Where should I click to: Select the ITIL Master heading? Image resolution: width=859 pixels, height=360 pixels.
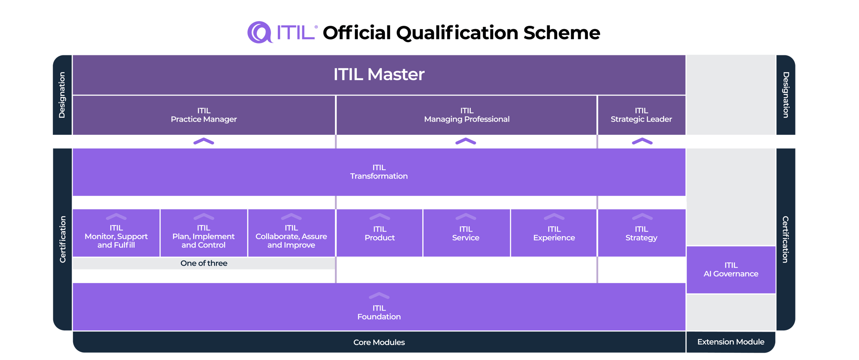pos(379,74)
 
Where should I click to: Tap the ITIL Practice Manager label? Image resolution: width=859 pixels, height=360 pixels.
pos(204,115)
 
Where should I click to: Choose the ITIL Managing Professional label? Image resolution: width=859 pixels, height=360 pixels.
pos(466,115)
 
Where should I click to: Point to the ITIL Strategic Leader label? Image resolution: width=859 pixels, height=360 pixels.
pos(641,115)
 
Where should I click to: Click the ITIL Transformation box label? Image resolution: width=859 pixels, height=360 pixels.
pos(379,172)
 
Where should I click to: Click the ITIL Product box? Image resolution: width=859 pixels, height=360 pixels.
pos(380,234)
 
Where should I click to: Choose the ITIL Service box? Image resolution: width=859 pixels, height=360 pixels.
pos(466,234)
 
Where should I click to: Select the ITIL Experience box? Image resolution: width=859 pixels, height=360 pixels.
pos(554,234)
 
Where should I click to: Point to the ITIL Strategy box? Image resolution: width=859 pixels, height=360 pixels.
pos(641,234)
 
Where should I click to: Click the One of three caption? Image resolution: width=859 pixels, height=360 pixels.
pos(204,263)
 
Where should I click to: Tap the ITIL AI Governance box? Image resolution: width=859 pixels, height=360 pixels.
pos(731,270)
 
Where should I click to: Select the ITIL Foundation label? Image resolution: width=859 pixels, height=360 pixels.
pos(379,312)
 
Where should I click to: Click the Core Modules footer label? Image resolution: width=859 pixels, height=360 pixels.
pos(379,342)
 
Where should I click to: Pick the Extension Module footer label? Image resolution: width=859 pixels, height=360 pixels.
pos(731,342)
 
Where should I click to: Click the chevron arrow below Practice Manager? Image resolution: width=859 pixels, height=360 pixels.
pos(204,141)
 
